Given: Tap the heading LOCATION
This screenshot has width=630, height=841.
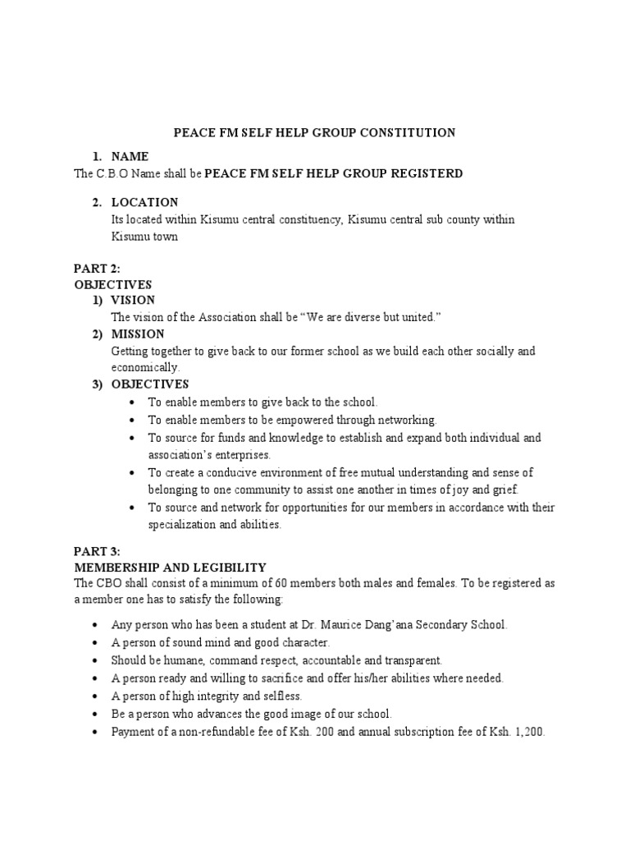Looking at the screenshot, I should click(x=144, y=202).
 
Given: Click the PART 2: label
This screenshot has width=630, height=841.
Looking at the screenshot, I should click(x=97, y=267).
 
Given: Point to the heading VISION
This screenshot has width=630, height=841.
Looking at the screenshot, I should click(x=133, y=300).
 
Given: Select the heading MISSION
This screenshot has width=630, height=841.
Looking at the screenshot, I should click(x=138, y=334).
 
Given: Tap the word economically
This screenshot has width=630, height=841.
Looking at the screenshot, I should click(x=144, y=367).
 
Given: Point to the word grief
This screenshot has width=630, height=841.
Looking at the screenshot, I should click(x=504, y=489).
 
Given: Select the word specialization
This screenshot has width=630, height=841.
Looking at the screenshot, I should click(x=183, y=524).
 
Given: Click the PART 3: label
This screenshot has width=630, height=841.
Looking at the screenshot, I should click(x=97, y=552).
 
